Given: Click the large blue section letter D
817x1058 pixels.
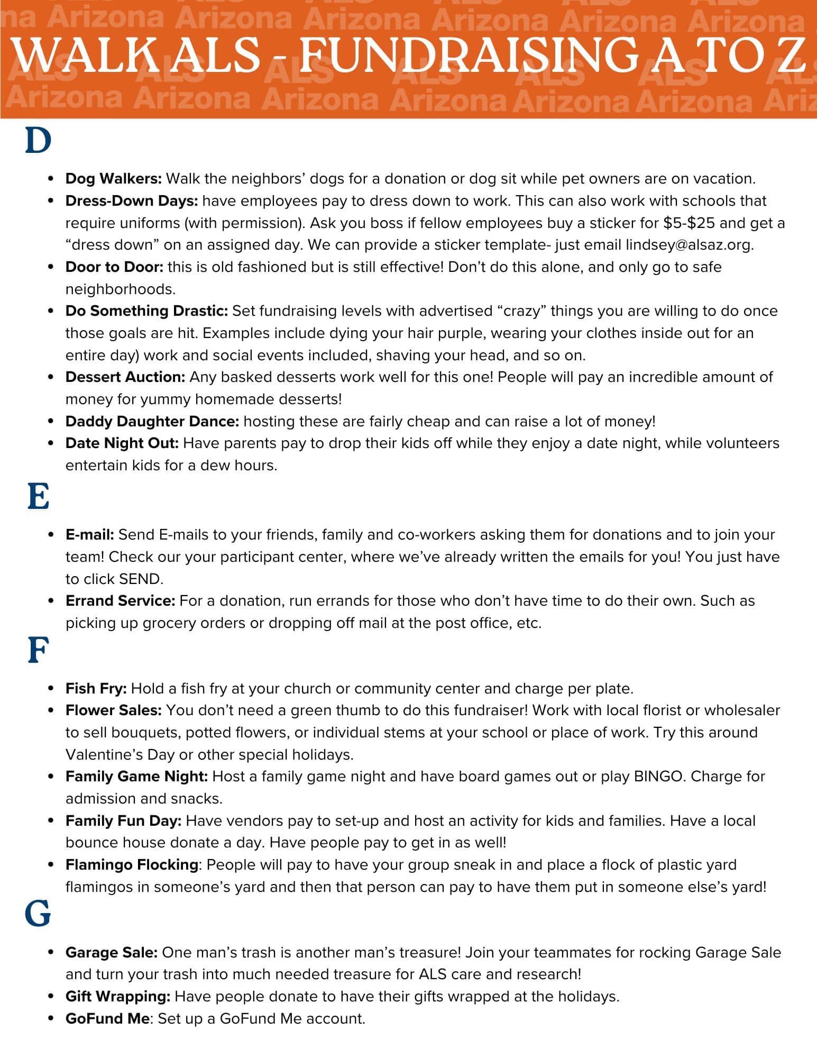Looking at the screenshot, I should tap(38, 141).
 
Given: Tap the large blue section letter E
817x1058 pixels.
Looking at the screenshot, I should tap(38, 497).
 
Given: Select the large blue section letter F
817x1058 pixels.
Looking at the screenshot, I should tap(38, 651).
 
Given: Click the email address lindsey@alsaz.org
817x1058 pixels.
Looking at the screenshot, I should tap(689, 245).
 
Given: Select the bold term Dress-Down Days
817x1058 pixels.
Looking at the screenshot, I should tap(132, 201).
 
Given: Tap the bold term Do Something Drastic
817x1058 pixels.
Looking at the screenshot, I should tap(146, 311).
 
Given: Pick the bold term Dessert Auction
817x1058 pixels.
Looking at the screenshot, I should tap(125, 377).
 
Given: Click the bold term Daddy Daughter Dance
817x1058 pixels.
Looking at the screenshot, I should tap(152, 422).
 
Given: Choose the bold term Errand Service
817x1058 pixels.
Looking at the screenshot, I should tap(120, 601).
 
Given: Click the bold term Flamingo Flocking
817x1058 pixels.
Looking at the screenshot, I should tap(132, 865).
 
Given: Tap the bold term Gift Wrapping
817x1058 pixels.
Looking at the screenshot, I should tap(118, 997).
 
